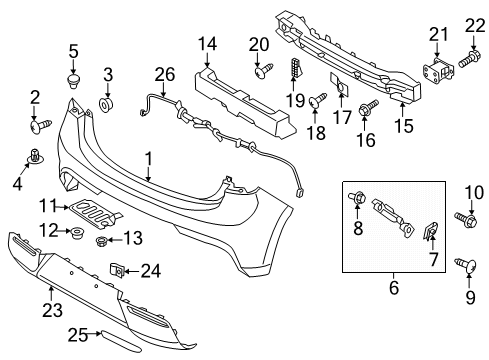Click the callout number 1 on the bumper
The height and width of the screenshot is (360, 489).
click(148, 158)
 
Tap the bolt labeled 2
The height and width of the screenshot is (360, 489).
click(40, 126)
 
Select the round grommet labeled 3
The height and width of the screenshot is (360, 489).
click(107, 104)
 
